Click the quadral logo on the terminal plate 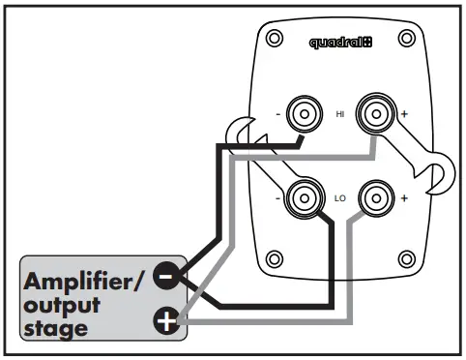[x=340, y=43]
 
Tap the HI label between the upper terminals [x=339, y=114]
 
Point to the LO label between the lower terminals [x=339, y=197]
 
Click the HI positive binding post [x=373, y=114]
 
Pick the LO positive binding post [x=373, y=197]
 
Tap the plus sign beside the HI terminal [x=404, y=114]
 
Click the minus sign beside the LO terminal [x=278, y=197]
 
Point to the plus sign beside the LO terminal [x=404, y=197]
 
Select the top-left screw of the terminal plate [x=275, y=40]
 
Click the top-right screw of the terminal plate [x=406, y=40]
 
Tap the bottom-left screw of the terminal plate [x=275, y=259]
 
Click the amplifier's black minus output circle [x=167, y=276]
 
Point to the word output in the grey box [x=63, y=306]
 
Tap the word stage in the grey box [x=57, y=329]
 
